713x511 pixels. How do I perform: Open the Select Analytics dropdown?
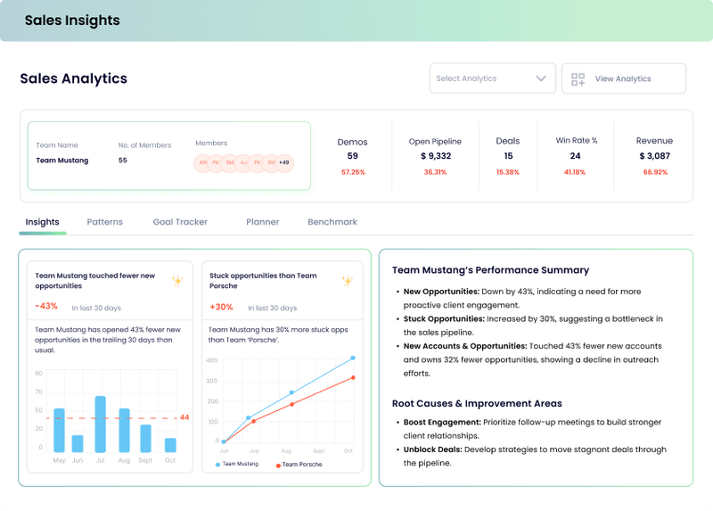click(492, 78)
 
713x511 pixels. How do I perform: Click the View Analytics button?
click(623, 78)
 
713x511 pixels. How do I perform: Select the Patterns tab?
click(105, 222)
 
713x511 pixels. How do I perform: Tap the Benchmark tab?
click(332, 222)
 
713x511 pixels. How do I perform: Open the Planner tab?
click(262, 222)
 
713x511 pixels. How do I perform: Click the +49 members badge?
click(283, 162)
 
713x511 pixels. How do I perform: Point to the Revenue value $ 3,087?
click(654, 156)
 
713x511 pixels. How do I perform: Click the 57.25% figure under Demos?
click(352, 172)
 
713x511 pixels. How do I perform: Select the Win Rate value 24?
click(576, 156)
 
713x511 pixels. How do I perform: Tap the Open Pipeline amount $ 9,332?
click(435, 156)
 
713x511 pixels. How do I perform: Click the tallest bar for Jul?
click(101, 424)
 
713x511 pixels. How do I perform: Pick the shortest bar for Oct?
click(170, 445)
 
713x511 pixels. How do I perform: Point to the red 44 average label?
click(184, 417)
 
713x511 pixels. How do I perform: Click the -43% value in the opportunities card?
click(46, 307)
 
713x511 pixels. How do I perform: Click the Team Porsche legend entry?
click(299, 465)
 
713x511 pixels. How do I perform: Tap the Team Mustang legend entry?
click(238, 465)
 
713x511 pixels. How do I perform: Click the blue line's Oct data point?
click(353, 358)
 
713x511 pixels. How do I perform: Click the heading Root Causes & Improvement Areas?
click(477, 403)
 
